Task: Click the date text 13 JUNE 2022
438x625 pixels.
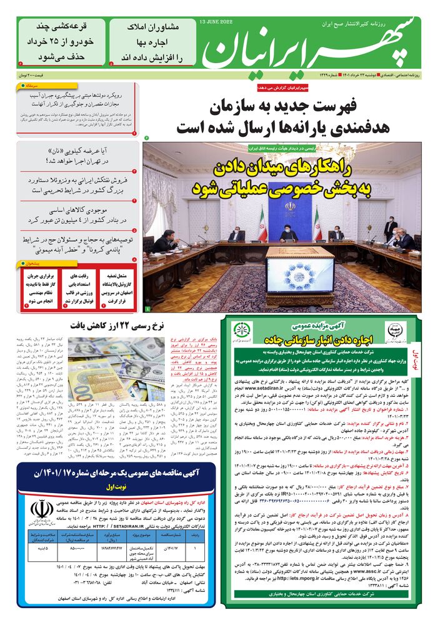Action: (216, 22)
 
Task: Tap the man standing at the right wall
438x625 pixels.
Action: (392, 231)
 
